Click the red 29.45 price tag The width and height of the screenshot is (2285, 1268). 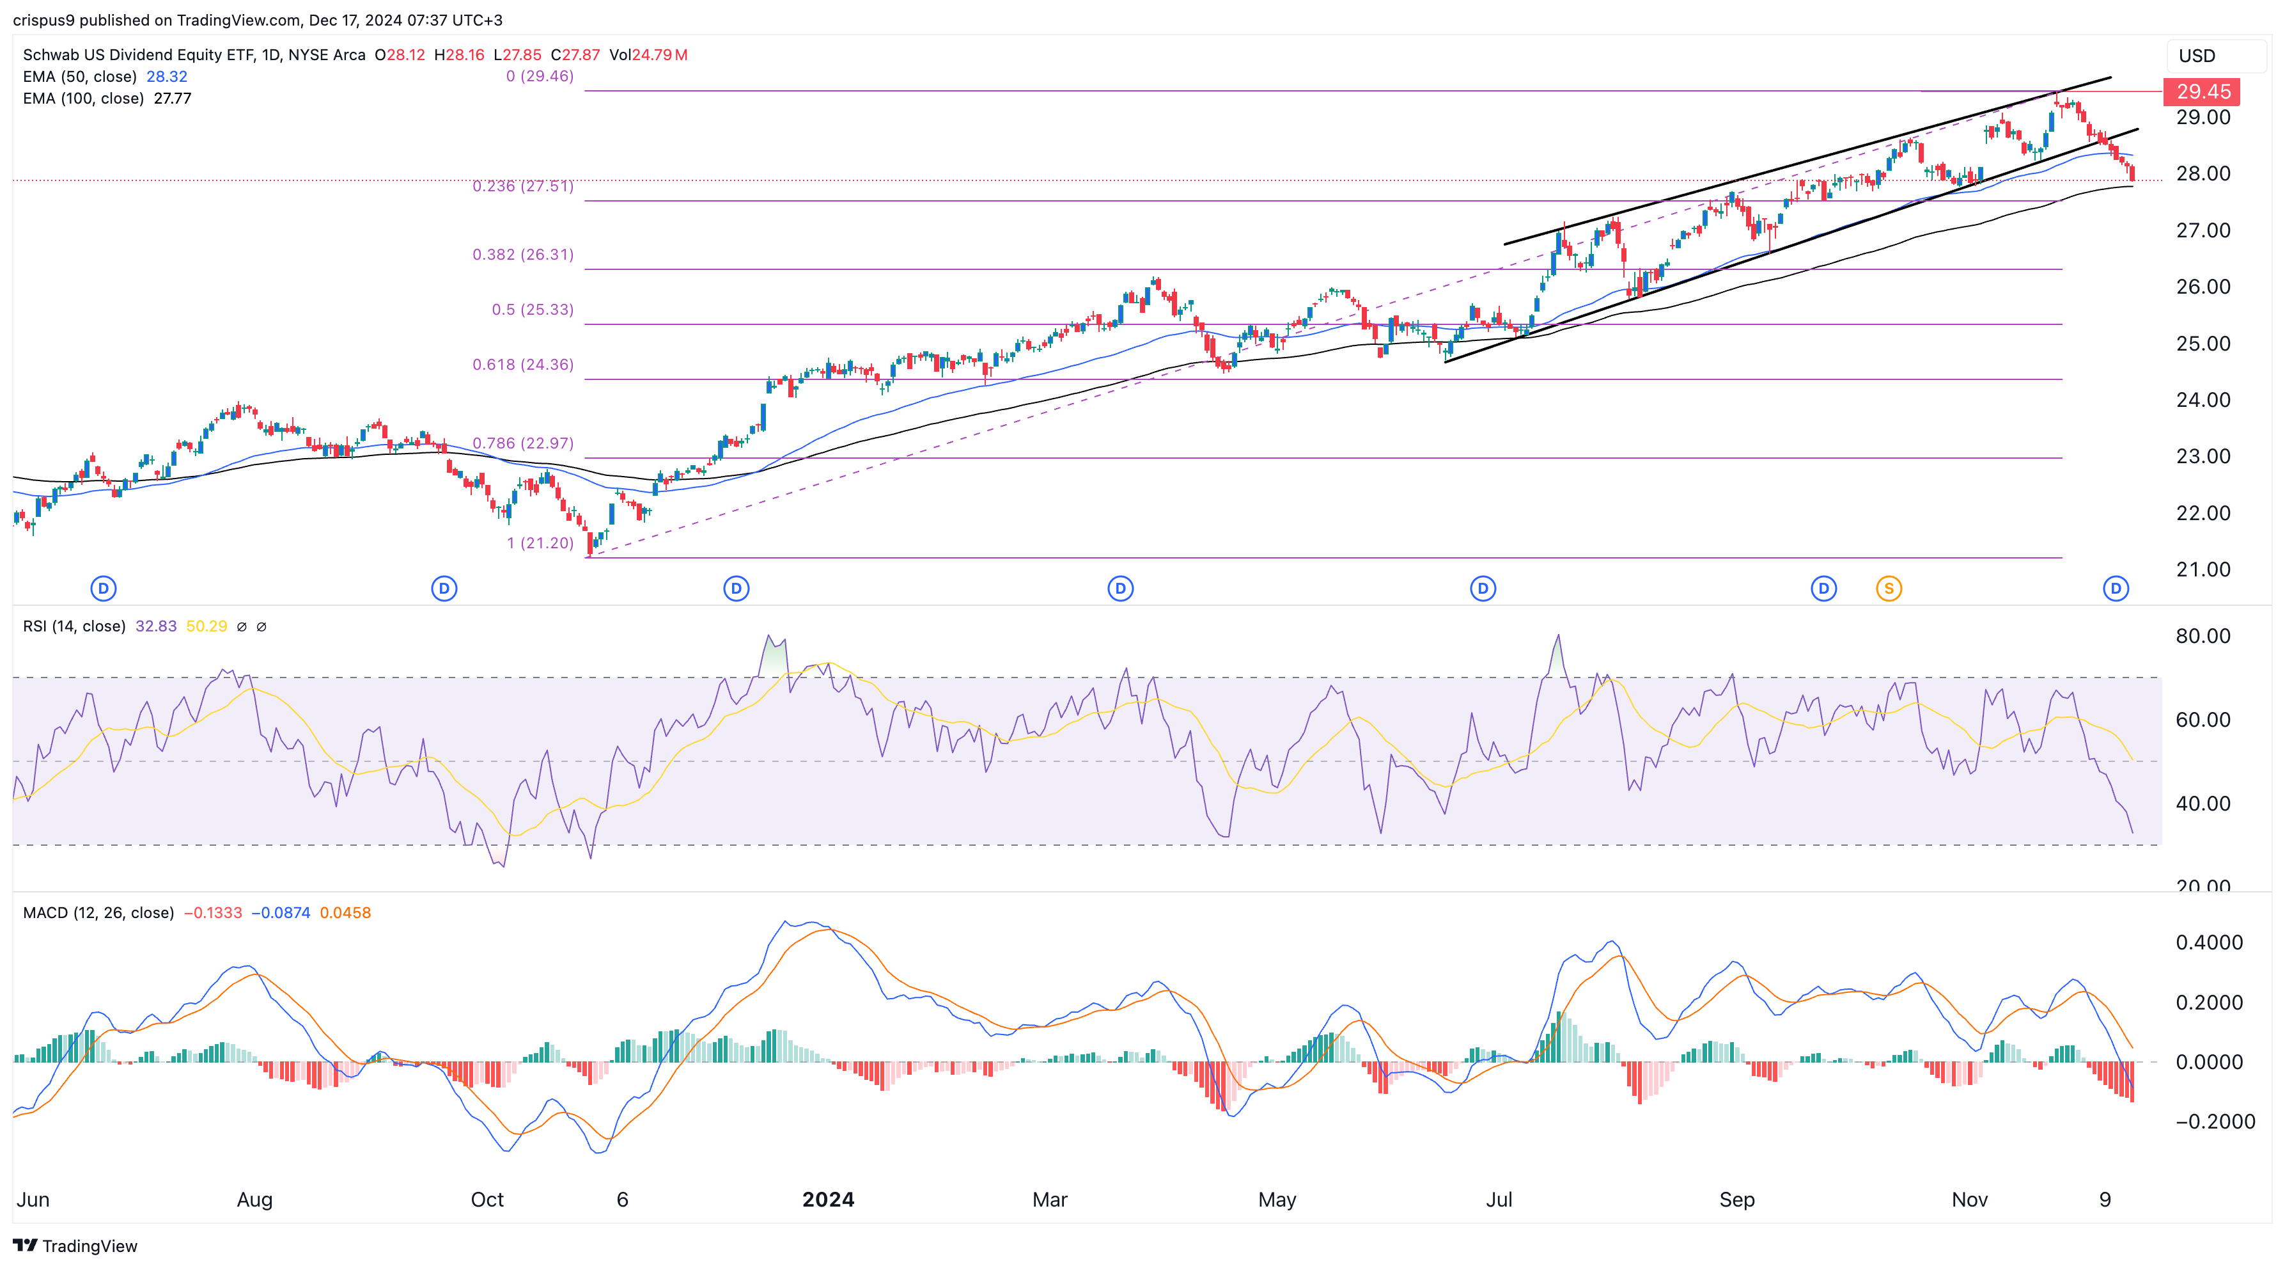[2203, 91]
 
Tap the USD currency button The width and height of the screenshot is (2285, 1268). [2197, 56]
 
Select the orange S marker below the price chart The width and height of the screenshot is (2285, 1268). [1889, 589]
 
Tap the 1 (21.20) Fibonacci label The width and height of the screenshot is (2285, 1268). [540, 543]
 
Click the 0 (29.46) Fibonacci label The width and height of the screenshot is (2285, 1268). [540, 76]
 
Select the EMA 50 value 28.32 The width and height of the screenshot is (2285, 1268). [167, 76]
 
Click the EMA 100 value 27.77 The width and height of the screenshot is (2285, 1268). [172, 99]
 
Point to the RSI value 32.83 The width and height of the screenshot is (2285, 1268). [156, 626]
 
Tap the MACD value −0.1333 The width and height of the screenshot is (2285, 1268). [213, 913]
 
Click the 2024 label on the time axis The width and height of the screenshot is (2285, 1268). [827, 1200]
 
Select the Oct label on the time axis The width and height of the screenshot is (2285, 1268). [487, 1200]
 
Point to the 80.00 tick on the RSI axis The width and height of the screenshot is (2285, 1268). [2203, 636]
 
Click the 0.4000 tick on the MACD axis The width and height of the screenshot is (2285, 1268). [2209, 942]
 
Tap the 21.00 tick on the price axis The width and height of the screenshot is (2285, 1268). [2203, 569]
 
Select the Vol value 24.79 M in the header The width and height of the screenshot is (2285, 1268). [659, 55]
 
